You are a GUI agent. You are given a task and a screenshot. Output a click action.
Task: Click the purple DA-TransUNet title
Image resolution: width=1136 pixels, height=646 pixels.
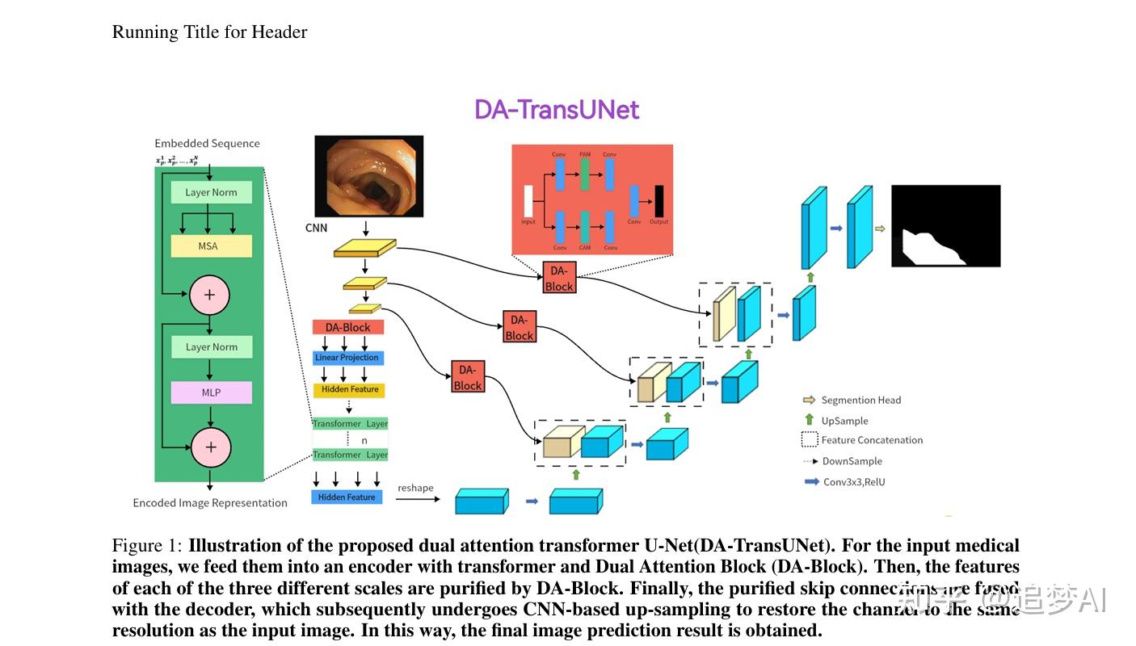pos(556,110)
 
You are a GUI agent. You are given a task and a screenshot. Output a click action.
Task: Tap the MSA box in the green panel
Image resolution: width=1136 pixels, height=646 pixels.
pos(211,245)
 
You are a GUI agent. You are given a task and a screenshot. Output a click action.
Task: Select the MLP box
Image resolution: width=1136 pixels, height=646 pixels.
pos(211,392)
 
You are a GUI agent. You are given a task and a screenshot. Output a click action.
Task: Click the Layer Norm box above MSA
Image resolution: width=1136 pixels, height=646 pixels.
pos(211,192)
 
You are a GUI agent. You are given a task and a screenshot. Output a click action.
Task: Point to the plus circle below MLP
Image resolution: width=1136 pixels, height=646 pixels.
pos(211,447)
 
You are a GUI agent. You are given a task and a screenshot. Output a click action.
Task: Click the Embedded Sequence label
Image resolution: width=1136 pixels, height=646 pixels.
pos(207,143)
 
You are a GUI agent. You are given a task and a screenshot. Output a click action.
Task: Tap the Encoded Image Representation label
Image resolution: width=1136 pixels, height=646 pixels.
pos(210,502)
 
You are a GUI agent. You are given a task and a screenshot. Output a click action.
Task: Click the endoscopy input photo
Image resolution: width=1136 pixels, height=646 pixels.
pos(368,176)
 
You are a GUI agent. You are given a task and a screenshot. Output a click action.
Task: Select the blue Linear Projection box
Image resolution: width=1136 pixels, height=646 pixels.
pos(347,358)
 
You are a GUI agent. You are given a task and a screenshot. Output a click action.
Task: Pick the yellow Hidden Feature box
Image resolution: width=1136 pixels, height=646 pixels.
pos(349,389)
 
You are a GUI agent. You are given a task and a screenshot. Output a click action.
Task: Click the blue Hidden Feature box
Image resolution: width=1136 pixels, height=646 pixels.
pos(347,497)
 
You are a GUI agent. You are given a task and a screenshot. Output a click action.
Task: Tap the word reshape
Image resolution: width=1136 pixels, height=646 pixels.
pos(415,488)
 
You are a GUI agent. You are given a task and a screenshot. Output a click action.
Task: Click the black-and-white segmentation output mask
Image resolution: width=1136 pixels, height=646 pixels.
pos(945,226)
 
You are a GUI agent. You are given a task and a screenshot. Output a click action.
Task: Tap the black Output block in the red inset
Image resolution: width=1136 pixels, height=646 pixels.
pos(659,201)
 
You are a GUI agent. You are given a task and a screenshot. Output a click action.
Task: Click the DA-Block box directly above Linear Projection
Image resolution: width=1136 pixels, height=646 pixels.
pos(347,327)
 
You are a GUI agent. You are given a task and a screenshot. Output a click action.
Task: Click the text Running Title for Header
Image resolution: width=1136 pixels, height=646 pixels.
pos(209,32)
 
